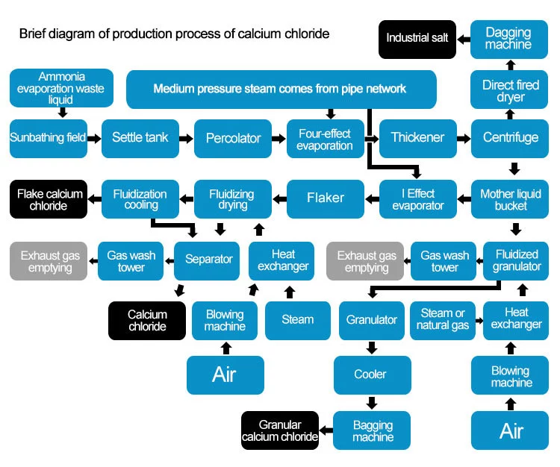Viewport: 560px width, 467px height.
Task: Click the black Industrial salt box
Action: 417,40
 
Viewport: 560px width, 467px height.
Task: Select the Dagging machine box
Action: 509,40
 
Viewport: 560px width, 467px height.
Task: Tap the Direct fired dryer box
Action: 509,90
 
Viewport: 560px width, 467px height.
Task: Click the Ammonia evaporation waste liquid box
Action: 61,88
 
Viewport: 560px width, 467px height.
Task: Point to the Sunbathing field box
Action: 49,139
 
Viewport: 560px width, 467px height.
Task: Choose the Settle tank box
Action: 140,139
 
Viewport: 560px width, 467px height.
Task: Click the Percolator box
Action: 233,139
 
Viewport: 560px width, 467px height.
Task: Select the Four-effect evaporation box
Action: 326,139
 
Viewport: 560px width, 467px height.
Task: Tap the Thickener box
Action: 418,139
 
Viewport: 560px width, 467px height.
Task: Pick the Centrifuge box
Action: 510,139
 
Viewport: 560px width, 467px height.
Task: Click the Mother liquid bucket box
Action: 510,199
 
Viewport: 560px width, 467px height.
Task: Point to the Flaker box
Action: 326,199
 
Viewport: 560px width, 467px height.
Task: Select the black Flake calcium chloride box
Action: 49,199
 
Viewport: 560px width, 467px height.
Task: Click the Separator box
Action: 207,261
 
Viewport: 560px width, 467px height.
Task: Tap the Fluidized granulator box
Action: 516,261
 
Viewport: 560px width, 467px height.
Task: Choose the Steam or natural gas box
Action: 443,320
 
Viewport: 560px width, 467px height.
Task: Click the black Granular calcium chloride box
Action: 280,430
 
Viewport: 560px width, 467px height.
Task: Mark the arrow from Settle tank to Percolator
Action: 186,139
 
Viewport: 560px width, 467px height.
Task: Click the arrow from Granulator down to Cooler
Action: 372,348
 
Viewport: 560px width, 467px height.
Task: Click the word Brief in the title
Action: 33,34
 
